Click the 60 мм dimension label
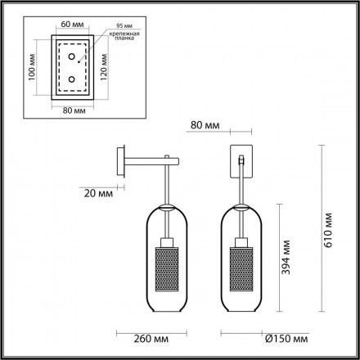(70, 25)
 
